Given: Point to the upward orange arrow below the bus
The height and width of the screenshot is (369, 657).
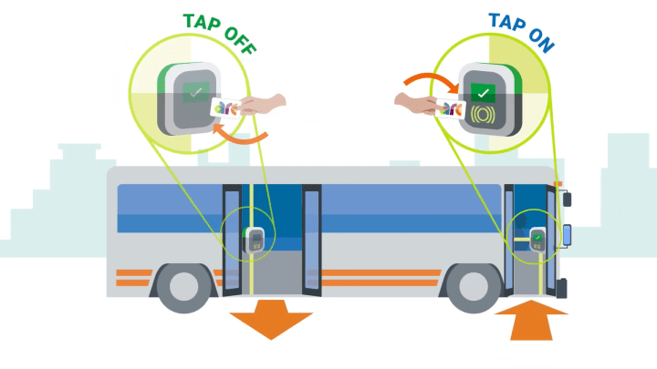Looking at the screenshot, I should coord(532,323).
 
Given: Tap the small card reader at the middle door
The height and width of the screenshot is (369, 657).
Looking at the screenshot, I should coord(256,240).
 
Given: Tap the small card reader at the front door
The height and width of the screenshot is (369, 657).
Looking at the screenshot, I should coord(537,241).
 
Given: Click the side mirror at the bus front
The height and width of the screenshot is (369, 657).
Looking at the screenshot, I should coord(567,233).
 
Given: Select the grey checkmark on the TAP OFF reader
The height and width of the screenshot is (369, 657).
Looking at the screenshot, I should coord(194,90).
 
